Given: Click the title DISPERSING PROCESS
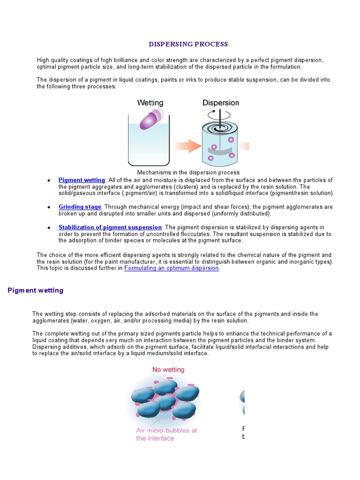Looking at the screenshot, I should point(188,45).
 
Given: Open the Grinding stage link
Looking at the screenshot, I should point(80,207).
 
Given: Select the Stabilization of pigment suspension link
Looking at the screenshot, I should point(110,227).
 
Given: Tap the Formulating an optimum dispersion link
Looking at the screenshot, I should point(172,268).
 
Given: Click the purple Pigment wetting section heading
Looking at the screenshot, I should point(36,291).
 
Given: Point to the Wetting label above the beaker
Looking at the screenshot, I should point(150,103).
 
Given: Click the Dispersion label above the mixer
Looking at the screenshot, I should point(220,103).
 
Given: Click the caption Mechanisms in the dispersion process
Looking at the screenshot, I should point(188,172).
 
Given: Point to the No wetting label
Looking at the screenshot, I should point(168,370).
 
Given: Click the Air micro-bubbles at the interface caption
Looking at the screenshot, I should point(166,434).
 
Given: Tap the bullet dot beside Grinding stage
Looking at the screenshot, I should point(49,207).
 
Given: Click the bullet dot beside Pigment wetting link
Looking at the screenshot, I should point(49,180).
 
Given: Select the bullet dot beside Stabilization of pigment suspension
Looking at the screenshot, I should point(49,228).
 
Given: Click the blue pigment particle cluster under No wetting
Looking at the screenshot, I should point(164,398).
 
